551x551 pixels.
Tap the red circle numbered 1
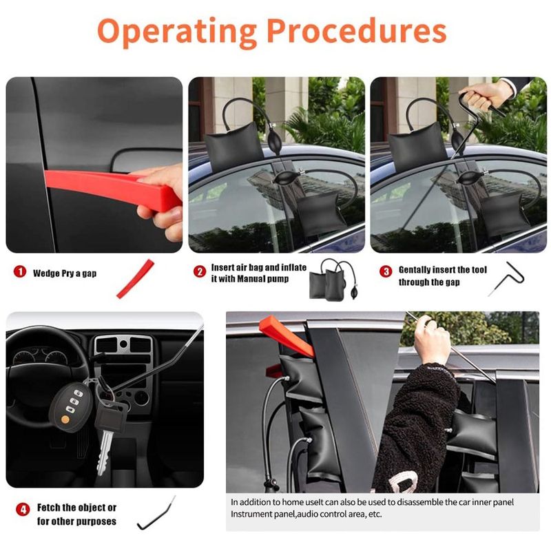pos(20,271)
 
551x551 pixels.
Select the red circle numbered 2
pos(200,271)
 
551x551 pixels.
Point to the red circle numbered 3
pos(386,271)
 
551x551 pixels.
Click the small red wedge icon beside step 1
pos(135,279)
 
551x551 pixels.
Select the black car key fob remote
pos(70,408)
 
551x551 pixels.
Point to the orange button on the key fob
pos(65,419)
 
